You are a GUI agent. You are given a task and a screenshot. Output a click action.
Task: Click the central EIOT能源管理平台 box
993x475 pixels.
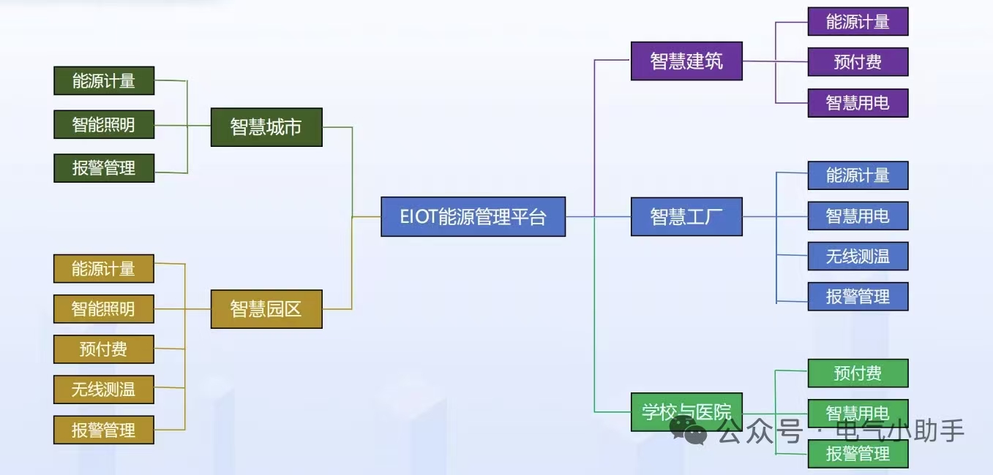473,216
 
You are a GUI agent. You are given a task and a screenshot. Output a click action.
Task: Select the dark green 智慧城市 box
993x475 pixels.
266,127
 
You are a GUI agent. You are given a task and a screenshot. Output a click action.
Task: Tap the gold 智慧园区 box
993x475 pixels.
266,308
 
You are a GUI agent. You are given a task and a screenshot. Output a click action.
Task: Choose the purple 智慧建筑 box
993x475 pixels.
686,61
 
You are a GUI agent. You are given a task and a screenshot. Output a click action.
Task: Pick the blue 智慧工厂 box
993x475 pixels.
686,216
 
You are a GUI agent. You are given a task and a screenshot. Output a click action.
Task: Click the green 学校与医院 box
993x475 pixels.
686,411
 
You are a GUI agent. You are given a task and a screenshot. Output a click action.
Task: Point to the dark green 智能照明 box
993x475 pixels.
104,124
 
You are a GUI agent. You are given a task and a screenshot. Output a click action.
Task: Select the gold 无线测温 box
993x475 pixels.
104,389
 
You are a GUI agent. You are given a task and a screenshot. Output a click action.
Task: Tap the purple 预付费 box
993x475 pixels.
858,62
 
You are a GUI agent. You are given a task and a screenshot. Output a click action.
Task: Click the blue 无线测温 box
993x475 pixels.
858,256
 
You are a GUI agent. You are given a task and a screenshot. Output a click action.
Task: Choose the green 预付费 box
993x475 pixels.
858,373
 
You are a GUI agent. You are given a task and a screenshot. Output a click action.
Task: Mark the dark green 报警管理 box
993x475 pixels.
104,168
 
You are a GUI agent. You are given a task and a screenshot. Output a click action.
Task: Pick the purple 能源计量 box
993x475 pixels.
858,22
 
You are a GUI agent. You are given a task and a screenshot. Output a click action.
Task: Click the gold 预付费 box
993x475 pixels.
104,349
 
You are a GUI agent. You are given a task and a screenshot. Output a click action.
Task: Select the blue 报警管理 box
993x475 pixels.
858,297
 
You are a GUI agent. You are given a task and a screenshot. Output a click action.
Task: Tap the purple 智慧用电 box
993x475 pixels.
858,103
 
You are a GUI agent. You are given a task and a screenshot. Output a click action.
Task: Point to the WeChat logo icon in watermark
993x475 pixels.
689,430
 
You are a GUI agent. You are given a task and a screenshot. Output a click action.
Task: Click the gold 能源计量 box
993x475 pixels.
104,268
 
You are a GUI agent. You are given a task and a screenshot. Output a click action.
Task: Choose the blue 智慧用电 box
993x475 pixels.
858,216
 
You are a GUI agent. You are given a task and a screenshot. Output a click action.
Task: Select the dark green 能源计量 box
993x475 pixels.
104,80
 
